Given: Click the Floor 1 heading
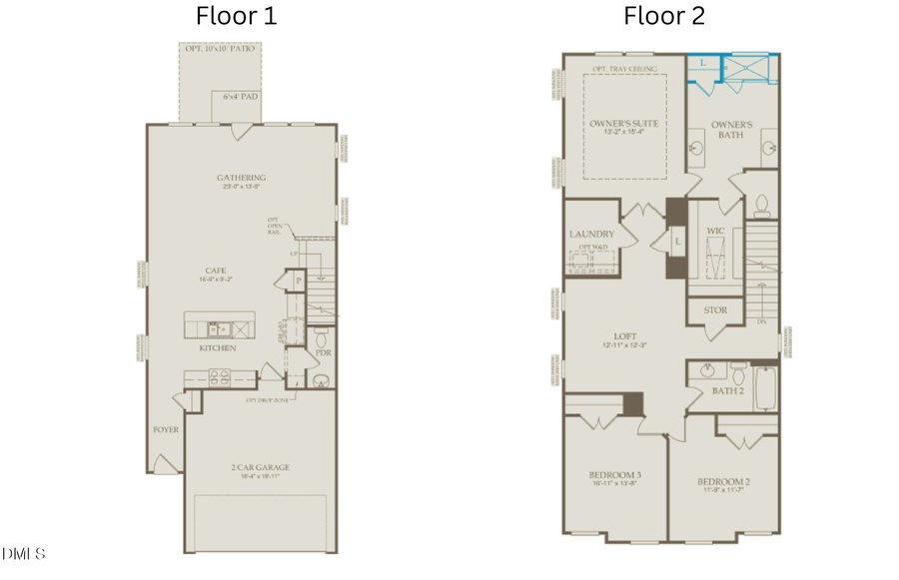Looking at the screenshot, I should tap(237, 16).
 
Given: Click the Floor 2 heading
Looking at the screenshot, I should tap(665, 16).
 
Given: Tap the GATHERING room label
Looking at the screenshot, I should tap(241, 178).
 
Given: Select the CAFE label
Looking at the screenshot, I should tap(214, 270).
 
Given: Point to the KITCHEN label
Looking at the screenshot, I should tap(217, 348).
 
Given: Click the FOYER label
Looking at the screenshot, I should tap(166, 429).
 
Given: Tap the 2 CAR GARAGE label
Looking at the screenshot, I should tap(258, 466).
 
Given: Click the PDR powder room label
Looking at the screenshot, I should tap(323, 352).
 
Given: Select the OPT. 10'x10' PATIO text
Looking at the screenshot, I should tap(217, 48).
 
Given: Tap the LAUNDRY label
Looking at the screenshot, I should tap(590, 235).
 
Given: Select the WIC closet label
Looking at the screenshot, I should tap(714, 231).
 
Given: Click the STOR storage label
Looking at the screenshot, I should tap(715, 310).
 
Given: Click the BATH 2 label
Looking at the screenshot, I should tap(726, 390).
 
